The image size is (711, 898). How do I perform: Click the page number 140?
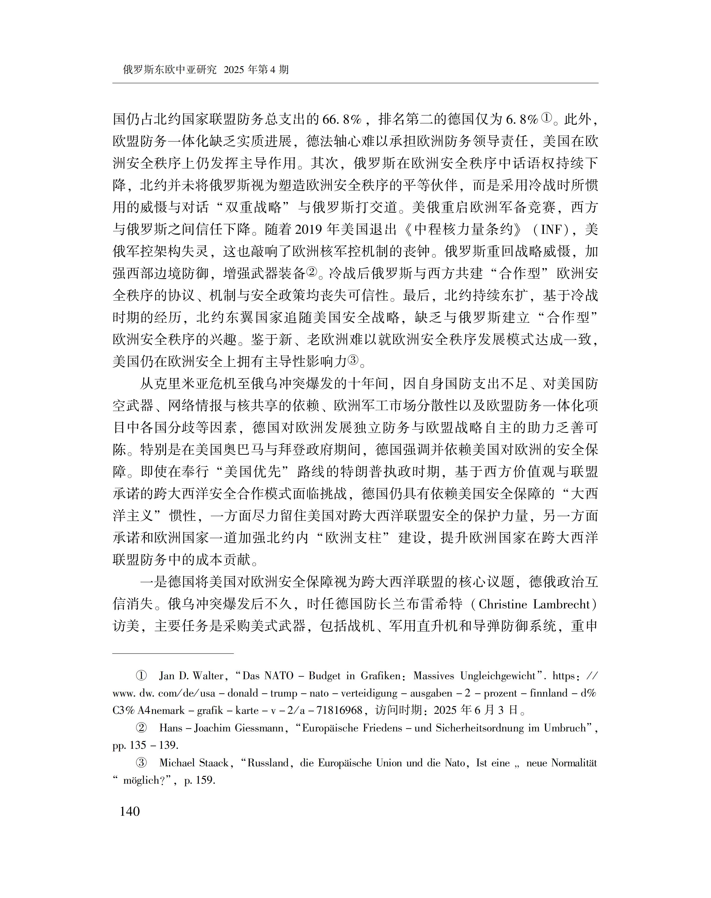[x=129, y=811]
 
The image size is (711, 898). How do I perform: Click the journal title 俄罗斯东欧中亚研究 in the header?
[x=170, y=70]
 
